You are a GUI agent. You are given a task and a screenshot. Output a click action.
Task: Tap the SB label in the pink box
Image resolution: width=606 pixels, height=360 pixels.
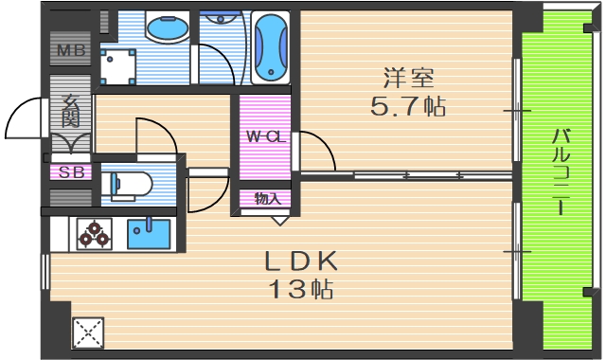(70, 172)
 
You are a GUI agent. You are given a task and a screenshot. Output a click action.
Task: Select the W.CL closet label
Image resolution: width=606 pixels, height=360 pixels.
(265, 136)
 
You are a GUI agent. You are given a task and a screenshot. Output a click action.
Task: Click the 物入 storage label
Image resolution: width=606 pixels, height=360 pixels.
(267, 199)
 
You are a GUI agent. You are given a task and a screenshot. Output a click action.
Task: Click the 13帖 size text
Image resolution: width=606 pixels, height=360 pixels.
(298, 290)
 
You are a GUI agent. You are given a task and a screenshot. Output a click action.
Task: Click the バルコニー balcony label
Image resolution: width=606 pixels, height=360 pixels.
(560, 171)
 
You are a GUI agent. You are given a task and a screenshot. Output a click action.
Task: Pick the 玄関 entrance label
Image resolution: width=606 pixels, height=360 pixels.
(70, 111)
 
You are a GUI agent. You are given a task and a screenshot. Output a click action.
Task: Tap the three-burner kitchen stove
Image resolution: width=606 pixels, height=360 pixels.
(95, 232)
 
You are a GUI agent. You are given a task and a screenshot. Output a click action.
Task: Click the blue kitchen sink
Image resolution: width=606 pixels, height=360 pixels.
(148, 231)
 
